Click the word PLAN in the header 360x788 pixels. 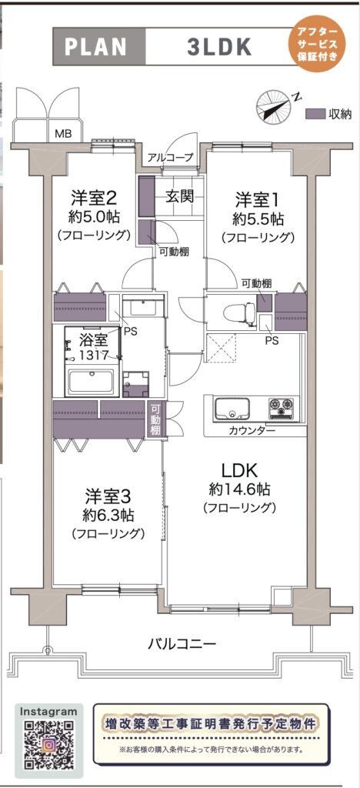[95, 47]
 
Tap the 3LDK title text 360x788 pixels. [219, 47]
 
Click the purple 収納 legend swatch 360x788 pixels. [315, 114]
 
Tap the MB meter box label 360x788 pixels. [63, 134]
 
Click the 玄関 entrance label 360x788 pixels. [180, 196]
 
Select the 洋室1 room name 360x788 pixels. [257, 199]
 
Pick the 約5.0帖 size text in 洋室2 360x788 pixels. [95, 217]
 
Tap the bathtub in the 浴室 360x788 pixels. [92, 382]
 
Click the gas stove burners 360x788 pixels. [282, 408]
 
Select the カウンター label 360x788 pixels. [251, 430]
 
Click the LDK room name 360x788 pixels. [240, 470]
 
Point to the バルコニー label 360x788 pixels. [182, 643]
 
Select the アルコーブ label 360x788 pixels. [170, 157]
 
